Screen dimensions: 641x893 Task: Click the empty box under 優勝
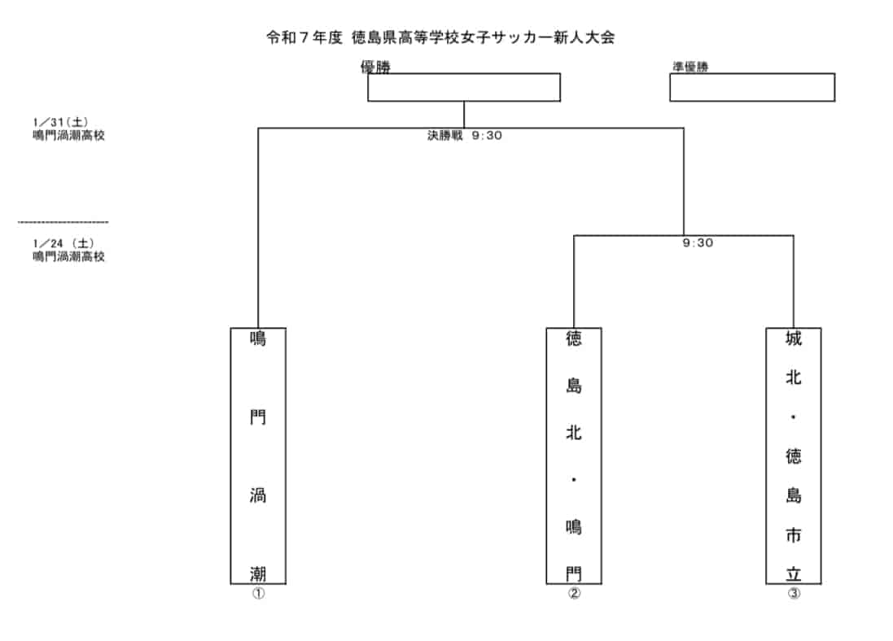pos(463,88)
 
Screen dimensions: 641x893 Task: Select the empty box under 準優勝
pos(751,88)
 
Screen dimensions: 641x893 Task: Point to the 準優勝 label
pos(689,68)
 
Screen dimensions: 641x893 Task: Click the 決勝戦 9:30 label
pos(465,136)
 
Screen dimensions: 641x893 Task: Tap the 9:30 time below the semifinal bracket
pos(698,242)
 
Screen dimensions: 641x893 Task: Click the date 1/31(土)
pos(61,123)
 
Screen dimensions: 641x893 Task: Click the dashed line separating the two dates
pos(63,222)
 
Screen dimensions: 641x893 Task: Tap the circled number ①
pos(258,593)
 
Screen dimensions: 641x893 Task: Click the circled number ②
pos(574,593)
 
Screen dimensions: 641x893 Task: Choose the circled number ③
pos(794,593)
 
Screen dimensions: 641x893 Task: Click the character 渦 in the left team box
pos(258,496)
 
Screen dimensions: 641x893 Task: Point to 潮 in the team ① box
pos(258,573)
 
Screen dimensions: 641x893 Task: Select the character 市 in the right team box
pos(794,535)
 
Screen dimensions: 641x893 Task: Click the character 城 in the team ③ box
pos(794,338)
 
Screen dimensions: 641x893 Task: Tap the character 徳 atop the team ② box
pos(574,338)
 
